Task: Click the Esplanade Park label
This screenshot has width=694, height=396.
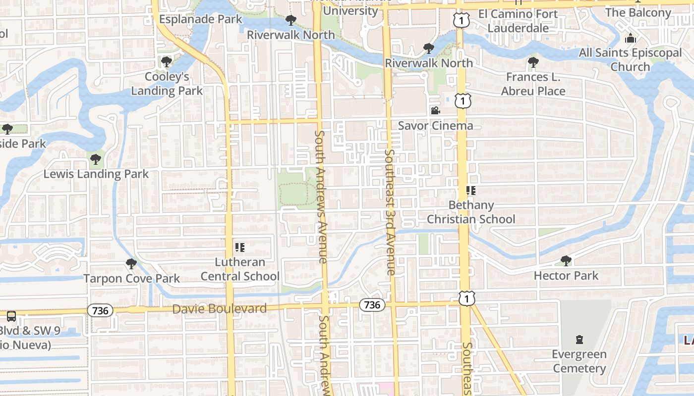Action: point(201,19)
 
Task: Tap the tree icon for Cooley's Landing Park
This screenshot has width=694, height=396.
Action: point(167,62)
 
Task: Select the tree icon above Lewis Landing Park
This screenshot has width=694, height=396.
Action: point(96,159)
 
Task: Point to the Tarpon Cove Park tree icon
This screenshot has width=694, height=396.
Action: point(131,264)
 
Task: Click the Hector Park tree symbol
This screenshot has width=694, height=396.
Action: point(566,261)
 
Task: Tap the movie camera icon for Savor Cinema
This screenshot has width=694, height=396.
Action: point(435,111)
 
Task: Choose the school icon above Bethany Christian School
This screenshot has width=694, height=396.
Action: point(470,190)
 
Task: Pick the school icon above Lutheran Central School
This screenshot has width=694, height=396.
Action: point(240,247)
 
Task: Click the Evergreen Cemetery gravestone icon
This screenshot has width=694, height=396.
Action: point(579,340)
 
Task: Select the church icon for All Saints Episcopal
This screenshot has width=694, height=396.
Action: point(631,38)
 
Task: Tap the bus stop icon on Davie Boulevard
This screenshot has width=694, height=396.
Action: point(11,316)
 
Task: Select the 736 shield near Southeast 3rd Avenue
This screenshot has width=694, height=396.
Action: point(372,305)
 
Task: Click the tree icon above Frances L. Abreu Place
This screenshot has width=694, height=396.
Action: point(533,62)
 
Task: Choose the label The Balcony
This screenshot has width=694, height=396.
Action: point(638,12)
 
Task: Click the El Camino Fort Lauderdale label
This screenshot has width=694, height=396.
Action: point(518,21)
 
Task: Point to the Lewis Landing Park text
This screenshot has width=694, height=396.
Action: point(96,174)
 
